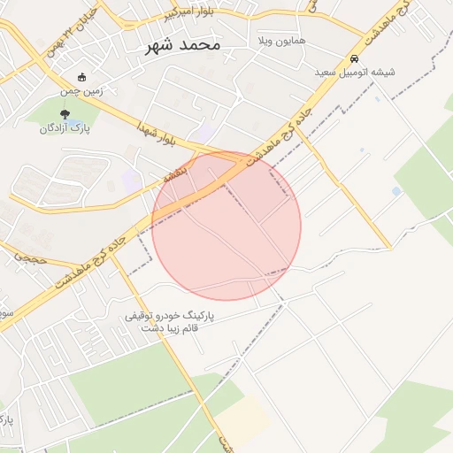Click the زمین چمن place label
(82, 91)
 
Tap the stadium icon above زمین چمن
(82, 78)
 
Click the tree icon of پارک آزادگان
(64, 113)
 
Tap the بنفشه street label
(170, 176)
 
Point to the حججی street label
(26, 257)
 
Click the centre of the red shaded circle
(226, 226)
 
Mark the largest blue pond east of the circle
(395, 191)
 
